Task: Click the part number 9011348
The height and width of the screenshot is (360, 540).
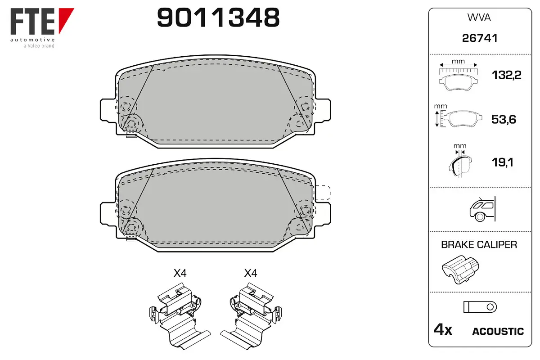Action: click(x=218, y=18)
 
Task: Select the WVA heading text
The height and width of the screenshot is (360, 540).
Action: click(x=479, y=18)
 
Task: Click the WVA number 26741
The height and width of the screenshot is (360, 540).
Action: click(x=480, y=38)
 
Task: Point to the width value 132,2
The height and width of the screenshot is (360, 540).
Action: click(x=507, y=75)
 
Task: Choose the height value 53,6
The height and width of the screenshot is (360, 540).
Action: click(x=504, y=119)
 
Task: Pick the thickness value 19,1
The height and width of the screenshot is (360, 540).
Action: click(x=502, y=162)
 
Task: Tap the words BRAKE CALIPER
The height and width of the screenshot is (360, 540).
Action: click(x=479, y=244)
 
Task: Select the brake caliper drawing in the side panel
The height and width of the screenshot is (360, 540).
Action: click(x=460, y=270)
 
